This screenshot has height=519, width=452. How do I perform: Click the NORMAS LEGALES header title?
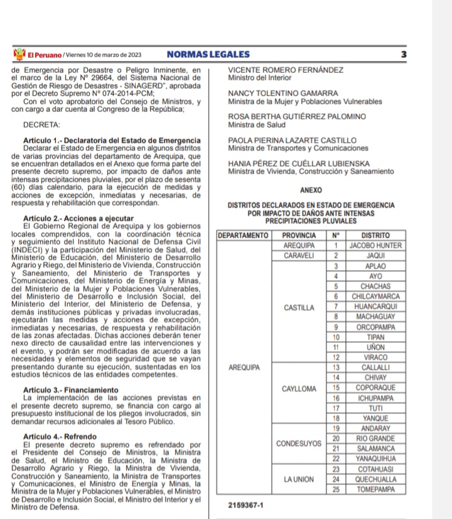pyautogui.click(x=208, y=55)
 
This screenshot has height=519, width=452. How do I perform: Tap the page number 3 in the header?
pyautogui.click(x=402, y=55)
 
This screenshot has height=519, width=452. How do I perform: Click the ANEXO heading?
pyautogui.click(x=311, y=190)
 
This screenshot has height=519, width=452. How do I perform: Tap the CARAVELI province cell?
pyautogui.click(x=299, y=256)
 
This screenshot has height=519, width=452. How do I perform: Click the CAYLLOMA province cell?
pyautogui.click(x=299, y=389)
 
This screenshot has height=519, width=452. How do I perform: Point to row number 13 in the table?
pyautogui.click(x=336, y=366)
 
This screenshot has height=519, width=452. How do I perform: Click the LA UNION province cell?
pyautogui.click(x=299, y=479)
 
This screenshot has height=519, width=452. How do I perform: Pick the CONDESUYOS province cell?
pyautogui.click(x=299, y=443)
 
